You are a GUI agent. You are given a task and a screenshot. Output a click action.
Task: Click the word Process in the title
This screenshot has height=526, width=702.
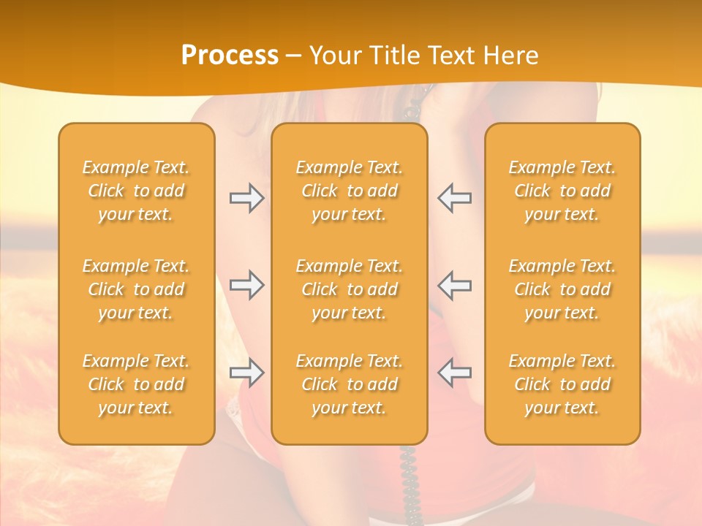click(230, 56)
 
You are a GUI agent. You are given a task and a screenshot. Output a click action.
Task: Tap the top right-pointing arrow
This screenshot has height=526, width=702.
click(246, 198)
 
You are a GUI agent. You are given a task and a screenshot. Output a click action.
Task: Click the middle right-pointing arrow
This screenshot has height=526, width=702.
click(246, 285)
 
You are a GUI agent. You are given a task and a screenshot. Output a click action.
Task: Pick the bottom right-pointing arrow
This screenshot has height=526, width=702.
click(246, 373)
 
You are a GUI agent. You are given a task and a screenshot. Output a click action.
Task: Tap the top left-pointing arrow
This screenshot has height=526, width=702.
click(455, 198)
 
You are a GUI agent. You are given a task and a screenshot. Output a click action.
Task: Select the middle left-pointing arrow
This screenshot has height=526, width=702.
click(455, 285)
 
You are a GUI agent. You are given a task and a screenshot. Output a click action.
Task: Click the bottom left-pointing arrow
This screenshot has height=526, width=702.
click(455, 373)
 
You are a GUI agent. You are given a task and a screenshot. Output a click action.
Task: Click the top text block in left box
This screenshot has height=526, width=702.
click(136, 191)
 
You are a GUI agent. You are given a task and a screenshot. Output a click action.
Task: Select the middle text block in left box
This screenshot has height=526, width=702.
click(136, 289)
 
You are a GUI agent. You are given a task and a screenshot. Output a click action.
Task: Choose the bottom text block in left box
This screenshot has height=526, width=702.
click(136, 384)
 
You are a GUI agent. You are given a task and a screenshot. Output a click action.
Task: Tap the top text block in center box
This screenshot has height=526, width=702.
click(349, 191)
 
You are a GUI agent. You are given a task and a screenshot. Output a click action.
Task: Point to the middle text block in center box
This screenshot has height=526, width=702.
click(349, 289)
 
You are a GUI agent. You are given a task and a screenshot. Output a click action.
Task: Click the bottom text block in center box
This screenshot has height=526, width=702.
click(349, 384)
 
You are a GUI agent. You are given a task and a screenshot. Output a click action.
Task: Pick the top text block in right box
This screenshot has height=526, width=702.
click(562, 191)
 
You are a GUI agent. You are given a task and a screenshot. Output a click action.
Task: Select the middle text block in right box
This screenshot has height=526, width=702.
click(562, 289)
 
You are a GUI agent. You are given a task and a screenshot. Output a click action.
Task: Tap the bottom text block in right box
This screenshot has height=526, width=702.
click(562, 384)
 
